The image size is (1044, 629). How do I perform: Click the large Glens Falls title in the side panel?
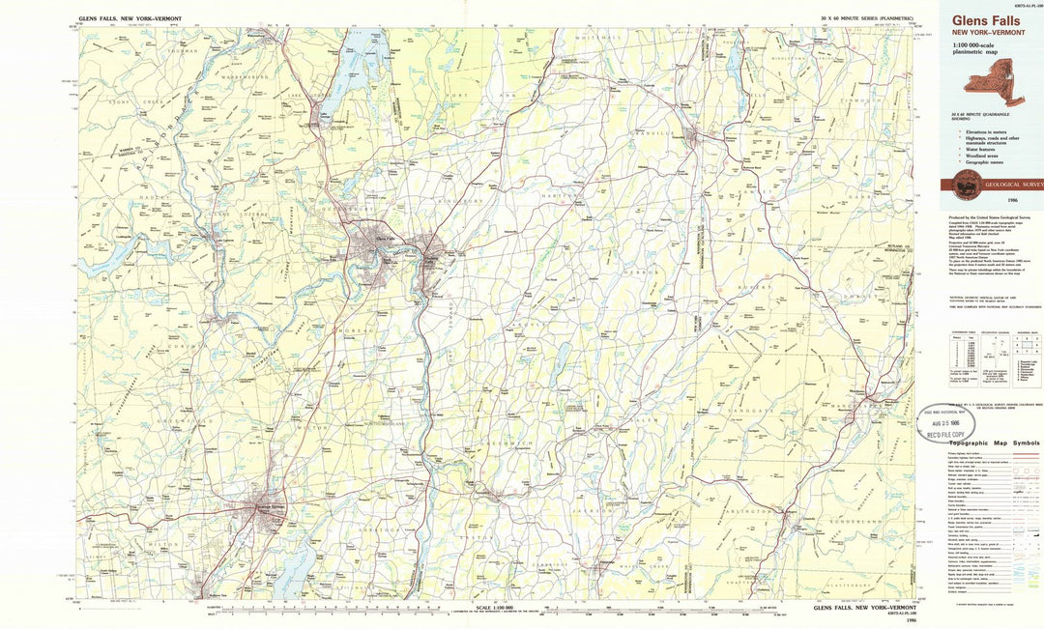(x=985, y=20)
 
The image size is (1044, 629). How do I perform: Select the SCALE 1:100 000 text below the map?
(x=495, y=607)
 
